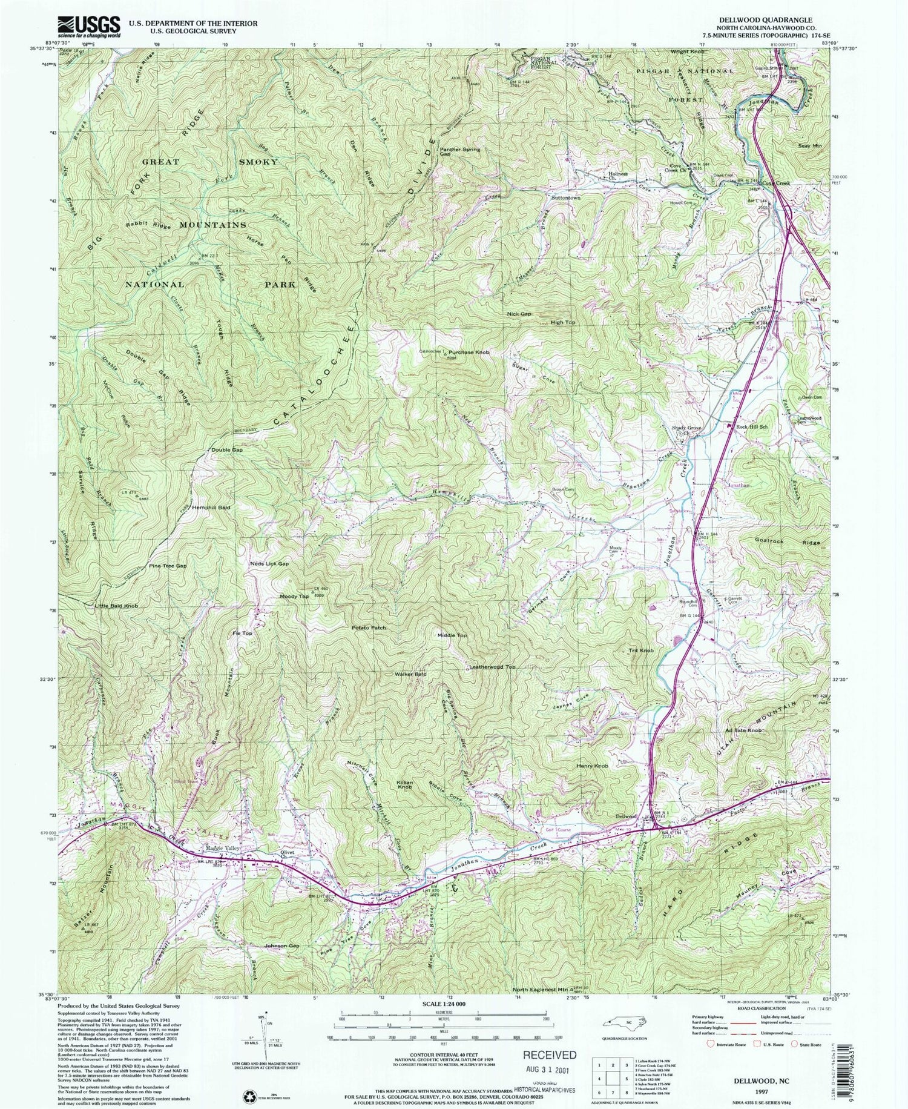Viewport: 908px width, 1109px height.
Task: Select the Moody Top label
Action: point(294,597)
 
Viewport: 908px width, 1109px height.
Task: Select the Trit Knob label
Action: point(641,651)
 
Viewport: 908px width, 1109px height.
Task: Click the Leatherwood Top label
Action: point(492,667)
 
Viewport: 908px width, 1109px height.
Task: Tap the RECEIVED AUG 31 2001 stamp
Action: point(550,1061)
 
